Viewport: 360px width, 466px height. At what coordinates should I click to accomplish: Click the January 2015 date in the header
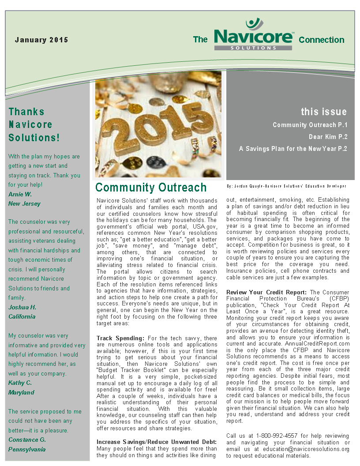(41, 40)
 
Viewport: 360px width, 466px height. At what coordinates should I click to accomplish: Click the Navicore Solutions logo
(253, 35)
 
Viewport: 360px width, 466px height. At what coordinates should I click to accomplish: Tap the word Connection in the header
(321, 40)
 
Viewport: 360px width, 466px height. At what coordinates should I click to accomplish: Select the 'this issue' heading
(324, 112)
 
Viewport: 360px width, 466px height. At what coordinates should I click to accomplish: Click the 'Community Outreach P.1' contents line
(310, 125)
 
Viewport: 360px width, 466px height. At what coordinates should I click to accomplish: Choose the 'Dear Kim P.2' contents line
(328, 137)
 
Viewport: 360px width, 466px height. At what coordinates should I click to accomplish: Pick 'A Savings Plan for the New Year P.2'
(293, 149)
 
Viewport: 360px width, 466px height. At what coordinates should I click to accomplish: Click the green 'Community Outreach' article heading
(151, 188)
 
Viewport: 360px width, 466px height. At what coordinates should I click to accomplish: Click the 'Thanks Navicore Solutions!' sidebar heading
(34, 124)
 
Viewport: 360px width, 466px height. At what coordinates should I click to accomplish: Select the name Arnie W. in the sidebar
(20, 194)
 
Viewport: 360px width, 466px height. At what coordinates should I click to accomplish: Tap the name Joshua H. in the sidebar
(22, 307)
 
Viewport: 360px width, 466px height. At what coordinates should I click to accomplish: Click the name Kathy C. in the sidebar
(20, 383)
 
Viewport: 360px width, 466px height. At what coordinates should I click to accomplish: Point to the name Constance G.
(27, 440)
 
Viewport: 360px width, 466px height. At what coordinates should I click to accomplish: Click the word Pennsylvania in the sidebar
(27, 449)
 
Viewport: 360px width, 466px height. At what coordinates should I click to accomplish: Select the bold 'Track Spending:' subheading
(120, 338)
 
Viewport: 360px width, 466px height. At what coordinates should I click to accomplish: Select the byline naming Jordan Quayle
(286, 186)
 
